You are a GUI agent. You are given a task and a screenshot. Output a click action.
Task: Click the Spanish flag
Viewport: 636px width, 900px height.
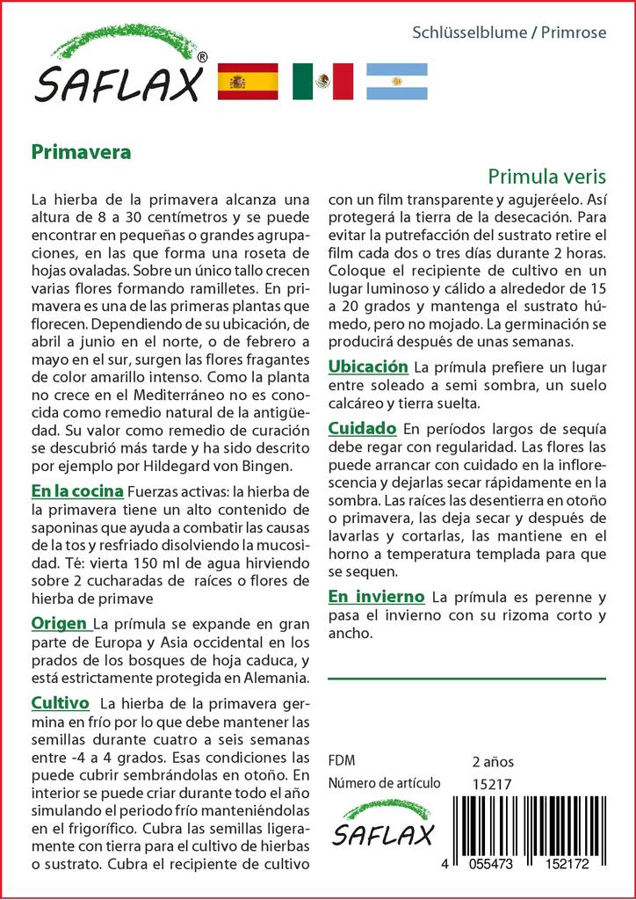(247, 82)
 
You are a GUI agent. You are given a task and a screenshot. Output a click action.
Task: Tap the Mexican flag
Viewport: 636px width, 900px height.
(322, 82)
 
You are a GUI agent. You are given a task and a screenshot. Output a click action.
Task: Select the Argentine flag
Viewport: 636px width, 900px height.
(396, 82)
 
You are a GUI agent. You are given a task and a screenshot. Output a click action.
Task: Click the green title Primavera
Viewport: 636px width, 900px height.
(81, 151)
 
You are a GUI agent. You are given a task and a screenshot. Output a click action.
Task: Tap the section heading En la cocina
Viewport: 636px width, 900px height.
(76, 490)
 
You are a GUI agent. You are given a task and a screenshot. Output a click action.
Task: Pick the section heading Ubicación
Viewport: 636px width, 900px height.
(368, 367)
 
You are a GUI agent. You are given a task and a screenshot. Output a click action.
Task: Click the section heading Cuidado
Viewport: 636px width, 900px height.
(362, 429)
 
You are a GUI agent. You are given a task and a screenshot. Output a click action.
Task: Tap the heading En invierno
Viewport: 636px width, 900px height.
(376, 596)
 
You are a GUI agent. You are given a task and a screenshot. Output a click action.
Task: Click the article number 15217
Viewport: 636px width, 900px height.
(492, 784)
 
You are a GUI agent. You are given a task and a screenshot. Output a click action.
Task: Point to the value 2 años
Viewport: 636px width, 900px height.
(493, 761)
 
